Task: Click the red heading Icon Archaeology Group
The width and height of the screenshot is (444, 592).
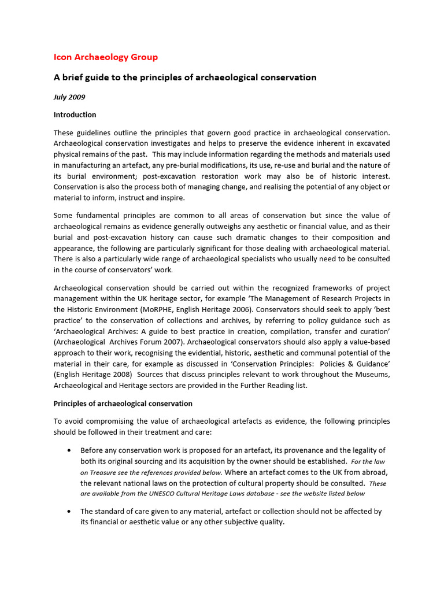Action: (105, 57)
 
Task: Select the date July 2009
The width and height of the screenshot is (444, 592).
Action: (69, 97)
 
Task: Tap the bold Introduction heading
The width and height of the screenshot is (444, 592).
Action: (75, 114)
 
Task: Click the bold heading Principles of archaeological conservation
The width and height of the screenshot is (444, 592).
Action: (123, 403)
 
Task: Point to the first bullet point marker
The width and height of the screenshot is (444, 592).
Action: (69, 450)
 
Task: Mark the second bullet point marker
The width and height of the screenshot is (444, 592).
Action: (69, 512)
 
